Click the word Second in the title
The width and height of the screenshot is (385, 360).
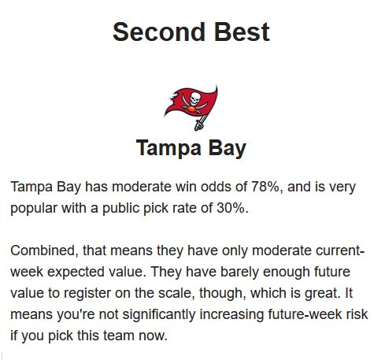(x=159, y=32)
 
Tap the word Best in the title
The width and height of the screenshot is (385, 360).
(x=242, y=32)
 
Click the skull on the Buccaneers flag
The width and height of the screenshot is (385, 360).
(x=195, y=98)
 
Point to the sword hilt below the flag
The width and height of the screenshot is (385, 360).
(x=199, y=124)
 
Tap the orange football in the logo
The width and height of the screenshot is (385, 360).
(x=192, y=109)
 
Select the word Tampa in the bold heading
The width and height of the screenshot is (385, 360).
(x=168, y=148)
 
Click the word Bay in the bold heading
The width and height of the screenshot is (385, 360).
(x=228, y=149)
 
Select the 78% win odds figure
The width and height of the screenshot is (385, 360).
(x=267, y=187)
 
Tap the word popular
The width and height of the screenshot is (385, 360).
(x=34, y=209)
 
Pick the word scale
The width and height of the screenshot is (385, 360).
(x=176, y=293)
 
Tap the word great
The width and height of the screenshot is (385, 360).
(x=321, y=293)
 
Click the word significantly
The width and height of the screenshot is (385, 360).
(x=159, y=314)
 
